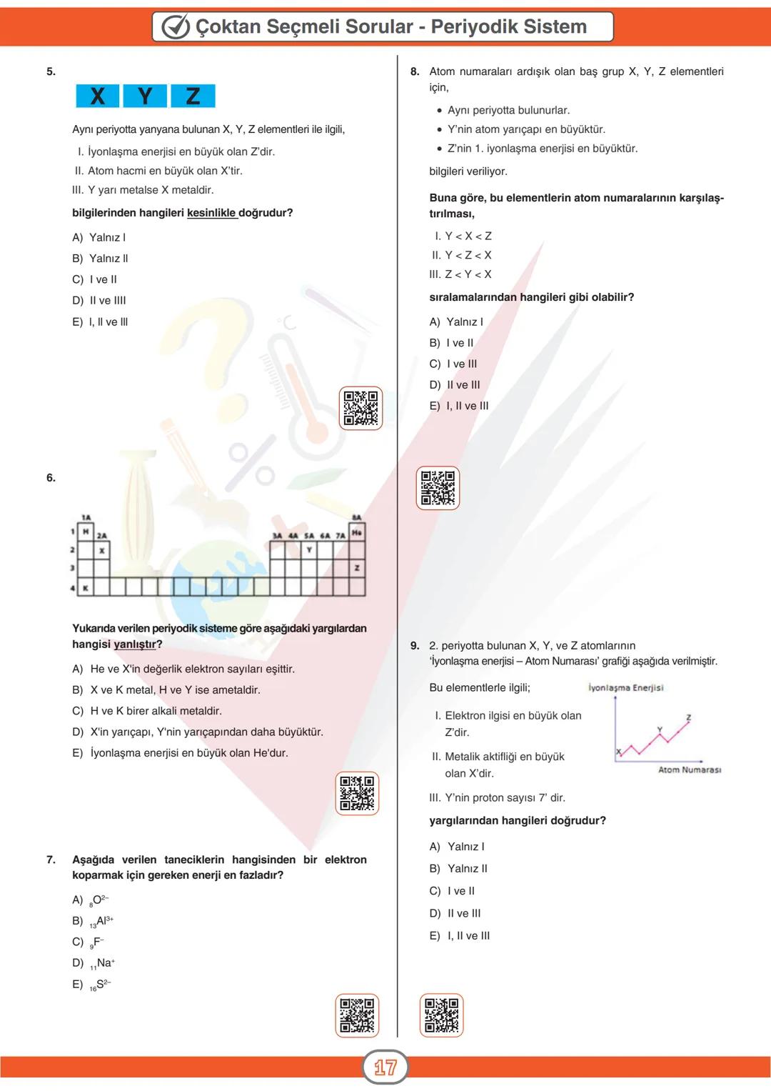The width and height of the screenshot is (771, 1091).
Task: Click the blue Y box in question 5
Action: tap(145, 96)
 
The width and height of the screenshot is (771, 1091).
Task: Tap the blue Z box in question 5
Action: tap(193, 96)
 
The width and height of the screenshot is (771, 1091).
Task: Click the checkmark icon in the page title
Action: tap(176, 27)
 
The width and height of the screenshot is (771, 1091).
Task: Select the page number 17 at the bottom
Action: tap(385, 1067)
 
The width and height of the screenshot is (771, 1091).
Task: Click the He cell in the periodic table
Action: tap(357, 532)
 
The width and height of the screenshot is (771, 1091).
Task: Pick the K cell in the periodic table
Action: tap(86, 587)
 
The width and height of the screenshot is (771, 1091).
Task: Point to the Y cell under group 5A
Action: tap(309, 550)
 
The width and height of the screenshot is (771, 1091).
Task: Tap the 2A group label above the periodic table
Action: tap(102, 535)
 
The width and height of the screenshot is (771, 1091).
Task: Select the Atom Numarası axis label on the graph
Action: tap(689, 769)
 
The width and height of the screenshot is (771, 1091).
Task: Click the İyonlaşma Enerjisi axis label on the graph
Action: tap(625, 687)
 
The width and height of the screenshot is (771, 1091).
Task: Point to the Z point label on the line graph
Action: tap(688, 717)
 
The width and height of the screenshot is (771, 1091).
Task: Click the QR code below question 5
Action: tap(361, 408)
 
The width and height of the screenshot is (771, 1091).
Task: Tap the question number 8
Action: tap(415, 71)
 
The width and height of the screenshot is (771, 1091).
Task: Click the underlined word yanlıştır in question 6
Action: tap(135, 644)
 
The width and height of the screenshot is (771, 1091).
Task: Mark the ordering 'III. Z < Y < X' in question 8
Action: tap(460, 274)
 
